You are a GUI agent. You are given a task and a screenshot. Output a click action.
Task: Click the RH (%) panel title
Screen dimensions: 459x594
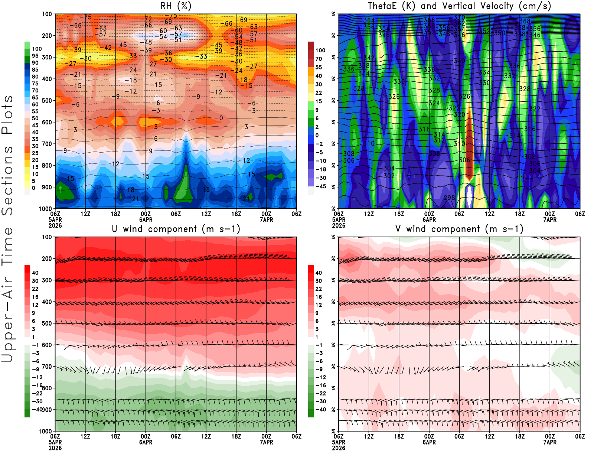click(176, 6)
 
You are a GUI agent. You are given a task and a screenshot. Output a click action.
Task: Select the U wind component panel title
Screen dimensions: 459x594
click(176, 229)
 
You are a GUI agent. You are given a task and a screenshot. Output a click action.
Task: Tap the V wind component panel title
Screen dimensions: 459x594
click(459, 229)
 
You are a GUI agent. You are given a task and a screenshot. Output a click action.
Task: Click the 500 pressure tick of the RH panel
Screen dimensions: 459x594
click(47, 101)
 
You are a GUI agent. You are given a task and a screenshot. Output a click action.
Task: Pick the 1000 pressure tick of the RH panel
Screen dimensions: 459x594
click(45, 209)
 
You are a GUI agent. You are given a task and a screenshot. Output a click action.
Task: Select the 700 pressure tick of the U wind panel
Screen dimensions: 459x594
click(47, 367)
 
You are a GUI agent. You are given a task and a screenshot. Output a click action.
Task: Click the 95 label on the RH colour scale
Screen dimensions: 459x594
click(35, 56)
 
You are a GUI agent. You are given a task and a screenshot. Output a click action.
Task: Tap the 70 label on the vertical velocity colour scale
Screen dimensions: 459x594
click(319, 59)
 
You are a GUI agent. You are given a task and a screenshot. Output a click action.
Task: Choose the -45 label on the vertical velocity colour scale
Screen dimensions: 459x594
click(320, 186)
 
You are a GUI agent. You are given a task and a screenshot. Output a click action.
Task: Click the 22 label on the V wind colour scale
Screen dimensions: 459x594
click(319, 289)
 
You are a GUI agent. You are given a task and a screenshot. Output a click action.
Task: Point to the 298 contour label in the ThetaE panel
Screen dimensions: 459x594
click(449, 198)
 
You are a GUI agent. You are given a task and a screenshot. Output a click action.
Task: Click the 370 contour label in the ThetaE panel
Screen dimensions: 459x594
click(459, 17)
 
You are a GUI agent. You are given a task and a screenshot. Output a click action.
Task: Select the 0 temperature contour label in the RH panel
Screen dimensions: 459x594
click(221, 118)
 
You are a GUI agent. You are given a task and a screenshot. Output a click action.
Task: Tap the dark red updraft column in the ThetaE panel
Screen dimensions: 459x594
click(469, 149)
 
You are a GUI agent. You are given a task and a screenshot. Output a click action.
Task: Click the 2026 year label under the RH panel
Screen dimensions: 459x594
click(55, 225)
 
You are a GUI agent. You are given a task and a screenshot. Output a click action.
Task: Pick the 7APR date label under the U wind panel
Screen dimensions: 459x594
click(266, 442)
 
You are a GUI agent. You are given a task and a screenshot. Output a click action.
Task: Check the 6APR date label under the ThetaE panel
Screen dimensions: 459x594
click(429, 219)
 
